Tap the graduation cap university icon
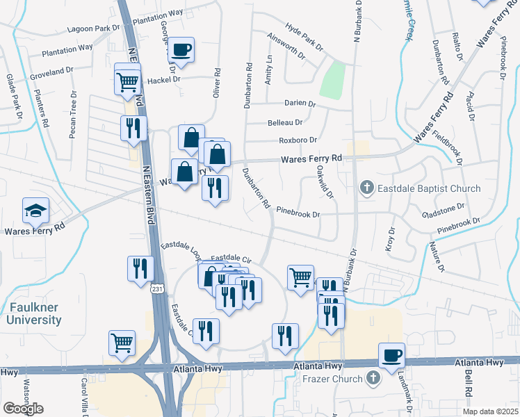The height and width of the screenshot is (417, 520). [37, 210]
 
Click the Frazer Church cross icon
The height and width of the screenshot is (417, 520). [372, 379]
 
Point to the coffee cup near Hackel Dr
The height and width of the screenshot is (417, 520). [181, 50]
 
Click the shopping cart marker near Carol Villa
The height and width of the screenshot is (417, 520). [121, 343]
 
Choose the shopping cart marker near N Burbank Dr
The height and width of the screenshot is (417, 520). [300, 277]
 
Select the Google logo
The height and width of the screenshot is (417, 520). [23, 408]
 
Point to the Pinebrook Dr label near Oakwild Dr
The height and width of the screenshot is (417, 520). [298, 215]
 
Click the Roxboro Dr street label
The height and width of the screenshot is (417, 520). [298, 139]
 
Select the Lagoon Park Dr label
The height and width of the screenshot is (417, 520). [94, 28]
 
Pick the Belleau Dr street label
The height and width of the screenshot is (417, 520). [285, 122]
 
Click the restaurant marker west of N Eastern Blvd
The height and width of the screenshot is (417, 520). [133, 128]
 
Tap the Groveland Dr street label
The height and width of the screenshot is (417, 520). [52, 71]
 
